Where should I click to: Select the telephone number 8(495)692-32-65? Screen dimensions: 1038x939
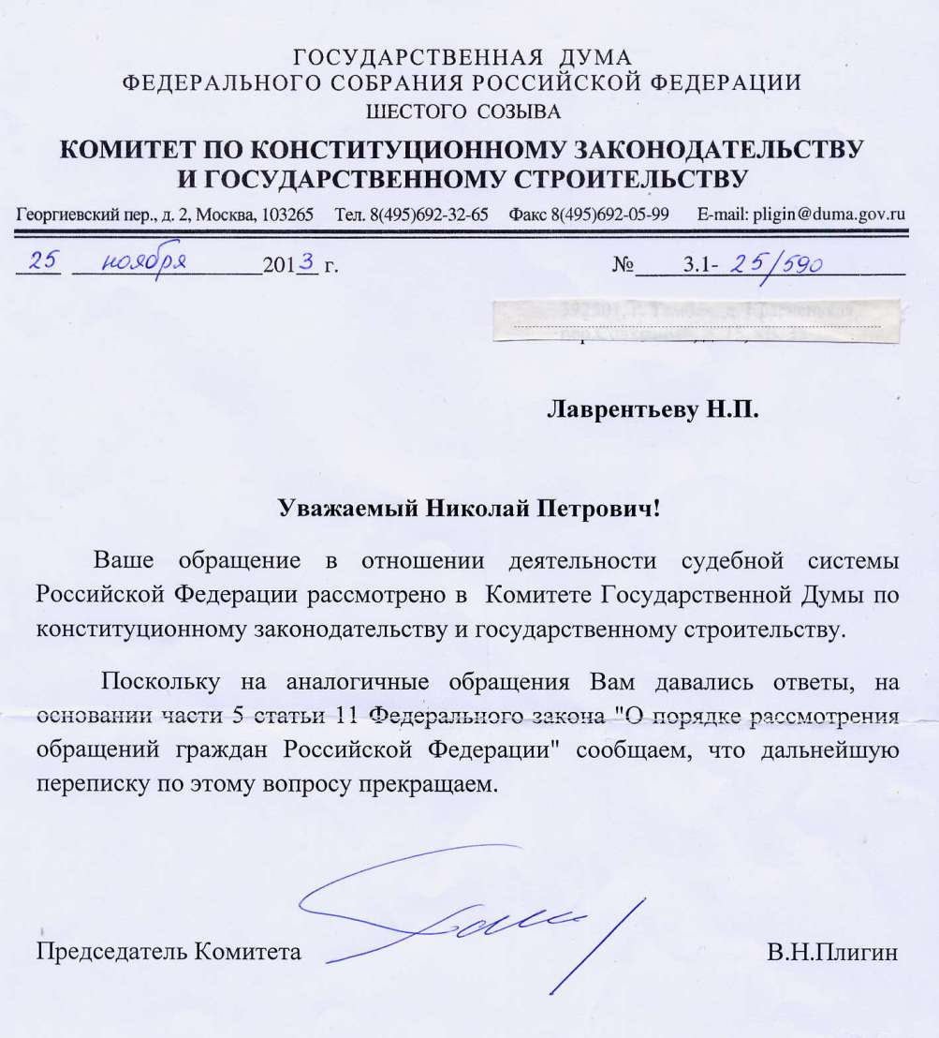(430, 215)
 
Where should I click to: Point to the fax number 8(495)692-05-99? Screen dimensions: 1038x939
(609, 215)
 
